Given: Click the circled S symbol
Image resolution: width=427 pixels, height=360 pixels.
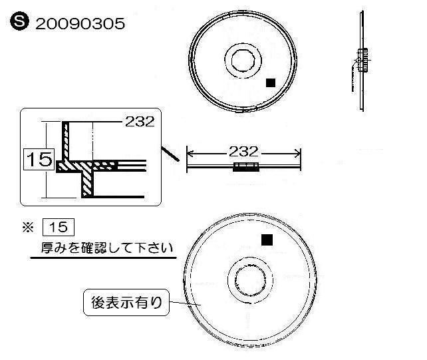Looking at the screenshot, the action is [x=19, y=21].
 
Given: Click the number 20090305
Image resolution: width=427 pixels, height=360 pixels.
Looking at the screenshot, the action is [x=80, y=24].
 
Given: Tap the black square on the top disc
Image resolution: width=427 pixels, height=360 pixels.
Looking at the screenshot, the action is [x=271, y=83].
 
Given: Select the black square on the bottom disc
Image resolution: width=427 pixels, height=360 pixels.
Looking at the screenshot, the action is [x=267, y=240].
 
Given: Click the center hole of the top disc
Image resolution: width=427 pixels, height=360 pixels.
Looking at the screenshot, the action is [x=243, y=61].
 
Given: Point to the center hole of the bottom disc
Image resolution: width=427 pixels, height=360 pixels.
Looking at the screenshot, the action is [x=251, y=280].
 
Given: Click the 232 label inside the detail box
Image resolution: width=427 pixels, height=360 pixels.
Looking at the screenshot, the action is [x=140, y=122].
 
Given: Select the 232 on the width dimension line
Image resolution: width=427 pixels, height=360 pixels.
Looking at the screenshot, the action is [x=243, y=152].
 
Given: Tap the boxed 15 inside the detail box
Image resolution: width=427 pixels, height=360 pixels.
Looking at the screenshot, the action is [x=39, y=159].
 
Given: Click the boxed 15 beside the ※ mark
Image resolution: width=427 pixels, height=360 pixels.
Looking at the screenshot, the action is [x=59, y=227].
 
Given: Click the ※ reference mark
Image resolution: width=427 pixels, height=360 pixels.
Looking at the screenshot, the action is [x=28, y=228].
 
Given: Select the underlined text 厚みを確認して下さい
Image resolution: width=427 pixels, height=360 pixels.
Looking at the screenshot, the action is [x=106, y=248].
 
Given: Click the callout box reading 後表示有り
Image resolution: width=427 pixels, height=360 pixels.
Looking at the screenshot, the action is [x=126, y=303].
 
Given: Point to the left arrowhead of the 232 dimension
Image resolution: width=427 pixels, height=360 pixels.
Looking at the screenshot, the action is [x=190, y=154].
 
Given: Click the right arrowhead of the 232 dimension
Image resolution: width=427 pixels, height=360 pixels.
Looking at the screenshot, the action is [x=297, y=154].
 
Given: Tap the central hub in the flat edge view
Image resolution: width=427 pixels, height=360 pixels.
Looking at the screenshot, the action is [x=246, y=167].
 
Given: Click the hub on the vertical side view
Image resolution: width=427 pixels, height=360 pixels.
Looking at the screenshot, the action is [x=362, y=61].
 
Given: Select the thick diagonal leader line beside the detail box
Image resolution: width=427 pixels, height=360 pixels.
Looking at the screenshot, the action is [x=170, y=154].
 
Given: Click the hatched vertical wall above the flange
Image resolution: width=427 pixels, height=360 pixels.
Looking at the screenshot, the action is [x=66, y=141].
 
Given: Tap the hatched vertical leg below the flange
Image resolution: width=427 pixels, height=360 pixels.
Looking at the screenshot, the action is [x=87, y=183].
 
